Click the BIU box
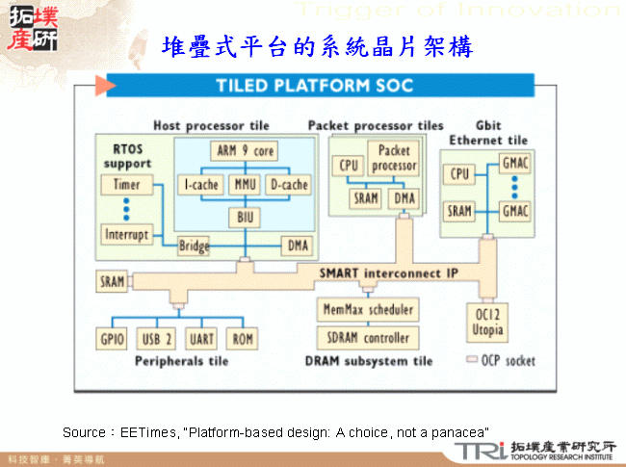(x=244, y=216)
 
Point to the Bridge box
(x=193, y=246)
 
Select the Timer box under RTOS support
(x=126, y=185)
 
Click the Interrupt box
(x=126, y=234)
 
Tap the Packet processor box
(x=394, y=158)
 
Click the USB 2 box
(x=157, y=339)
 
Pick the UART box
(x=201, y=339)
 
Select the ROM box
(x=241, y=339)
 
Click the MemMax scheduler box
(x=366, y=310)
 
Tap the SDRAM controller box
(x=366, y=338)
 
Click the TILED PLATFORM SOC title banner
(x=316, y=86)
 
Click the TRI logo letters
(x=481, y=452)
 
